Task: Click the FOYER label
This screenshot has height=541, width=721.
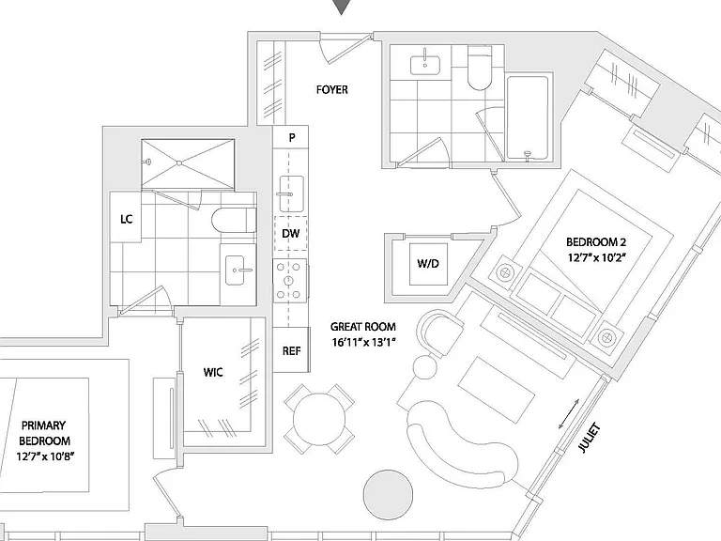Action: click(x=332, y=90)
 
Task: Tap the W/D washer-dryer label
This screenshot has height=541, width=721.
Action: click(x=428, y=264)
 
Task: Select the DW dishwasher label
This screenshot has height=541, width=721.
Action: click(x=291, y=234)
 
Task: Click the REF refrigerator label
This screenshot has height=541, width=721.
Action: click(x=292, y=351)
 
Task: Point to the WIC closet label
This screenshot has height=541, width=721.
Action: click(x=213, y=372)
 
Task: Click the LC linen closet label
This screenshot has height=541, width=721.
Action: click(x=127, y=219)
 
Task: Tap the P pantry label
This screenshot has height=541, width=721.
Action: click(x=292, y=137)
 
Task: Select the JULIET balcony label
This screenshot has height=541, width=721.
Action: click(x=589, y=439)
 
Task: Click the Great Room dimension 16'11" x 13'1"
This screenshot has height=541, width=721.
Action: click(x=363, y=342)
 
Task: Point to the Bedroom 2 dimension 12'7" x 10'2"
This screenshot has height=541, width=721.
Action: click(x=597, y=257)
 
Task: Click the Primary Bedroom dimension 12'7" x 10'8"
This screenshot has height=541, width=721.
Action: click(x=45, y=456)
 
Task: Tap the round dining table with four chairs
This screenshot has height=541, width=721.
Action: click(x=319, y=419)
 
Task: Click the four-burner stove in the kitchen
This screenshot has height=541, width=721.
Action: click(x=290, y=280)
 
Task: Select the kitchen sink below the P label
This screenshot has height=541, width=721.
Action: click(x=292, y=193)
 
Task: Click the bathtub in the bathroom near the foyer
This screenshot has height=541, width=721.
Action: click(x=528, y=117)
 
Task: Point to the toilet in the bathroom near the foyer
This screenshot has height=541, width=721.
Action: click(x=479, y=68)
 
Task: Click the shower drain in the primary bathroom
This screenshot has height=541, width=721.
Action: click(x=179, y=162)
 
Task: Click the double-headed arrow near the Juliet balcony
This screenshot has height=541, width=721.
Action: click(x=569, y=414)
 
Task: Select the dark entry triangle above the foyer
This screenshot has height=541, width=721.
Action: click(x=341, y=7)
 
